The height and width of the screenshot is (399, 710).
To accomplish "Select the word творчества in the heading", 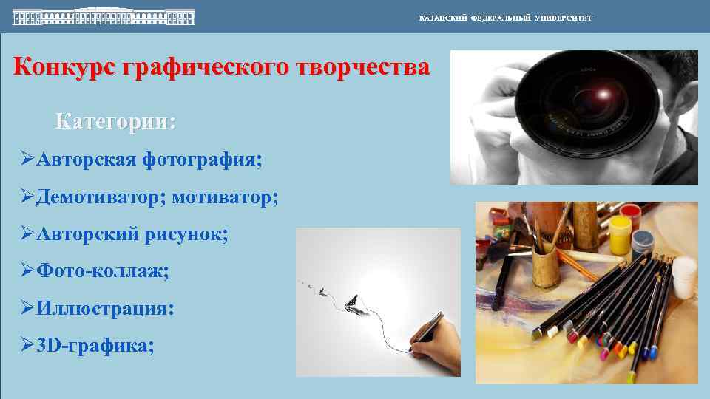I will pos(362,67).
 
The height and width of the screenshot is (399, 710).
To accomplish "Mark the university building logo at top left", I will pos(104,16).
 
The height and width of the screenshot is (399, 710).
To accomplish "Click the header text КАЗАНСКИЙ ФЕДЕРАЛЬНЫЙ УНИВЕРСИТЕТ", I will pos(505,18).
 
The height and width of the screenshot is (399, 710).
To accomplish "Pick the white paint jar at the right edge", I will pos(684,276).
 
